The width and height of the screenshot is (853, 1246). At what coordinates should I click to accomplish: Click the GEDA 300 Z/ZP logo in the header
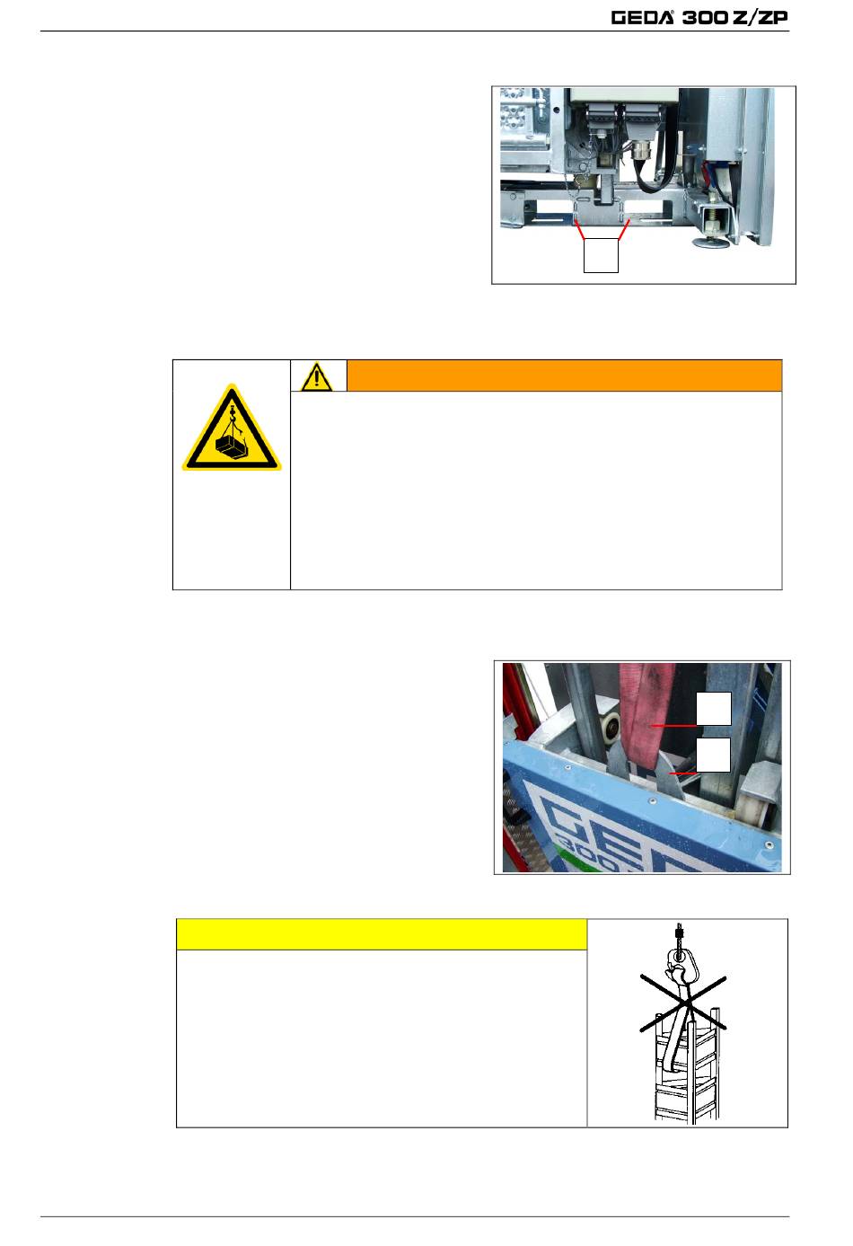699,17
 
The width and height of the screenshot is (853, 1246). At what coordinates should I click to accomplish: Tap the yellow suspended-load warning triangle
232,429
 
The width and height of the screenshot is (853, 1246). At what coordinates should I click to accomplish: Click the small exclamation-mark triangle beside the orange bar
316,376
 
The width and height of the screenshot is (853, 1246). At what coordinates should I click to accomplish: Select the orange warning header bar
565,376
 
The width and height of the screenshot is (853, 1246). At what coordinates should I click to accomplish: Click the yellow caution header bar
382,934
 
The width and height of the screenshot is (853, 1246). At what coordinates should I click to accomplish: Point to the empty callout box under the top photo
601,255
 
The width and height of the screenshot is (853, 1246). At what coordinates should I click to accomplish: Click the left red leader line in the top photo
579,229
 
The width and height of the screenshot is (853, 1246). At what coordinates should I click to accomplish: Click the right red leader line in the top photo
624,229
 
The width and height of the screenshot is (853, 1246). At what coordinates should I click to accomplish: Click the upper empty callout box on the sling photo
714,709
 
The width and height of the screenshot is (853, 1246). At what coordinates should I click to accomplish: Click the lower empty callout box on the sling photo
714,755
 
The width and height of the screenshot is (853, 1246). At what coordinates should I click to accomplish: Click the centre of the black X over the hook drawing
684,1003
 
